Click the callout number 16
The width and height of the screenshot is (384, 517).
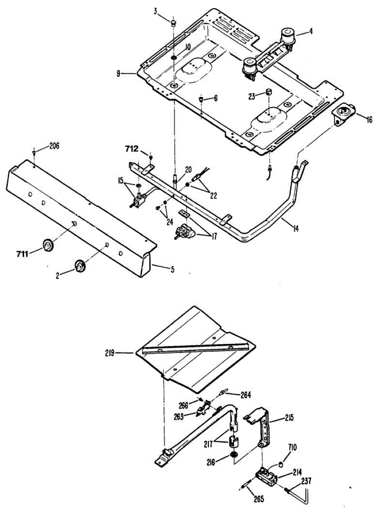369,120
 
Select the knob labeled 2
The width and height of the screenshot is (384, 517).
80,266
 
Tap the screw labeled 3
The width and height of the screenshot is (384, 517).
173,22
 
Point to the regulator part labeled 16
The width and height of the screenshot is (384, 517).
344,114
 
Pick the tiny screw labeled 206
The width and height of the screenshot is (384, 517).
34,152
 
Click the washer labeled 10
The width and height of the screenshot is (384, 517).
174,58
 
